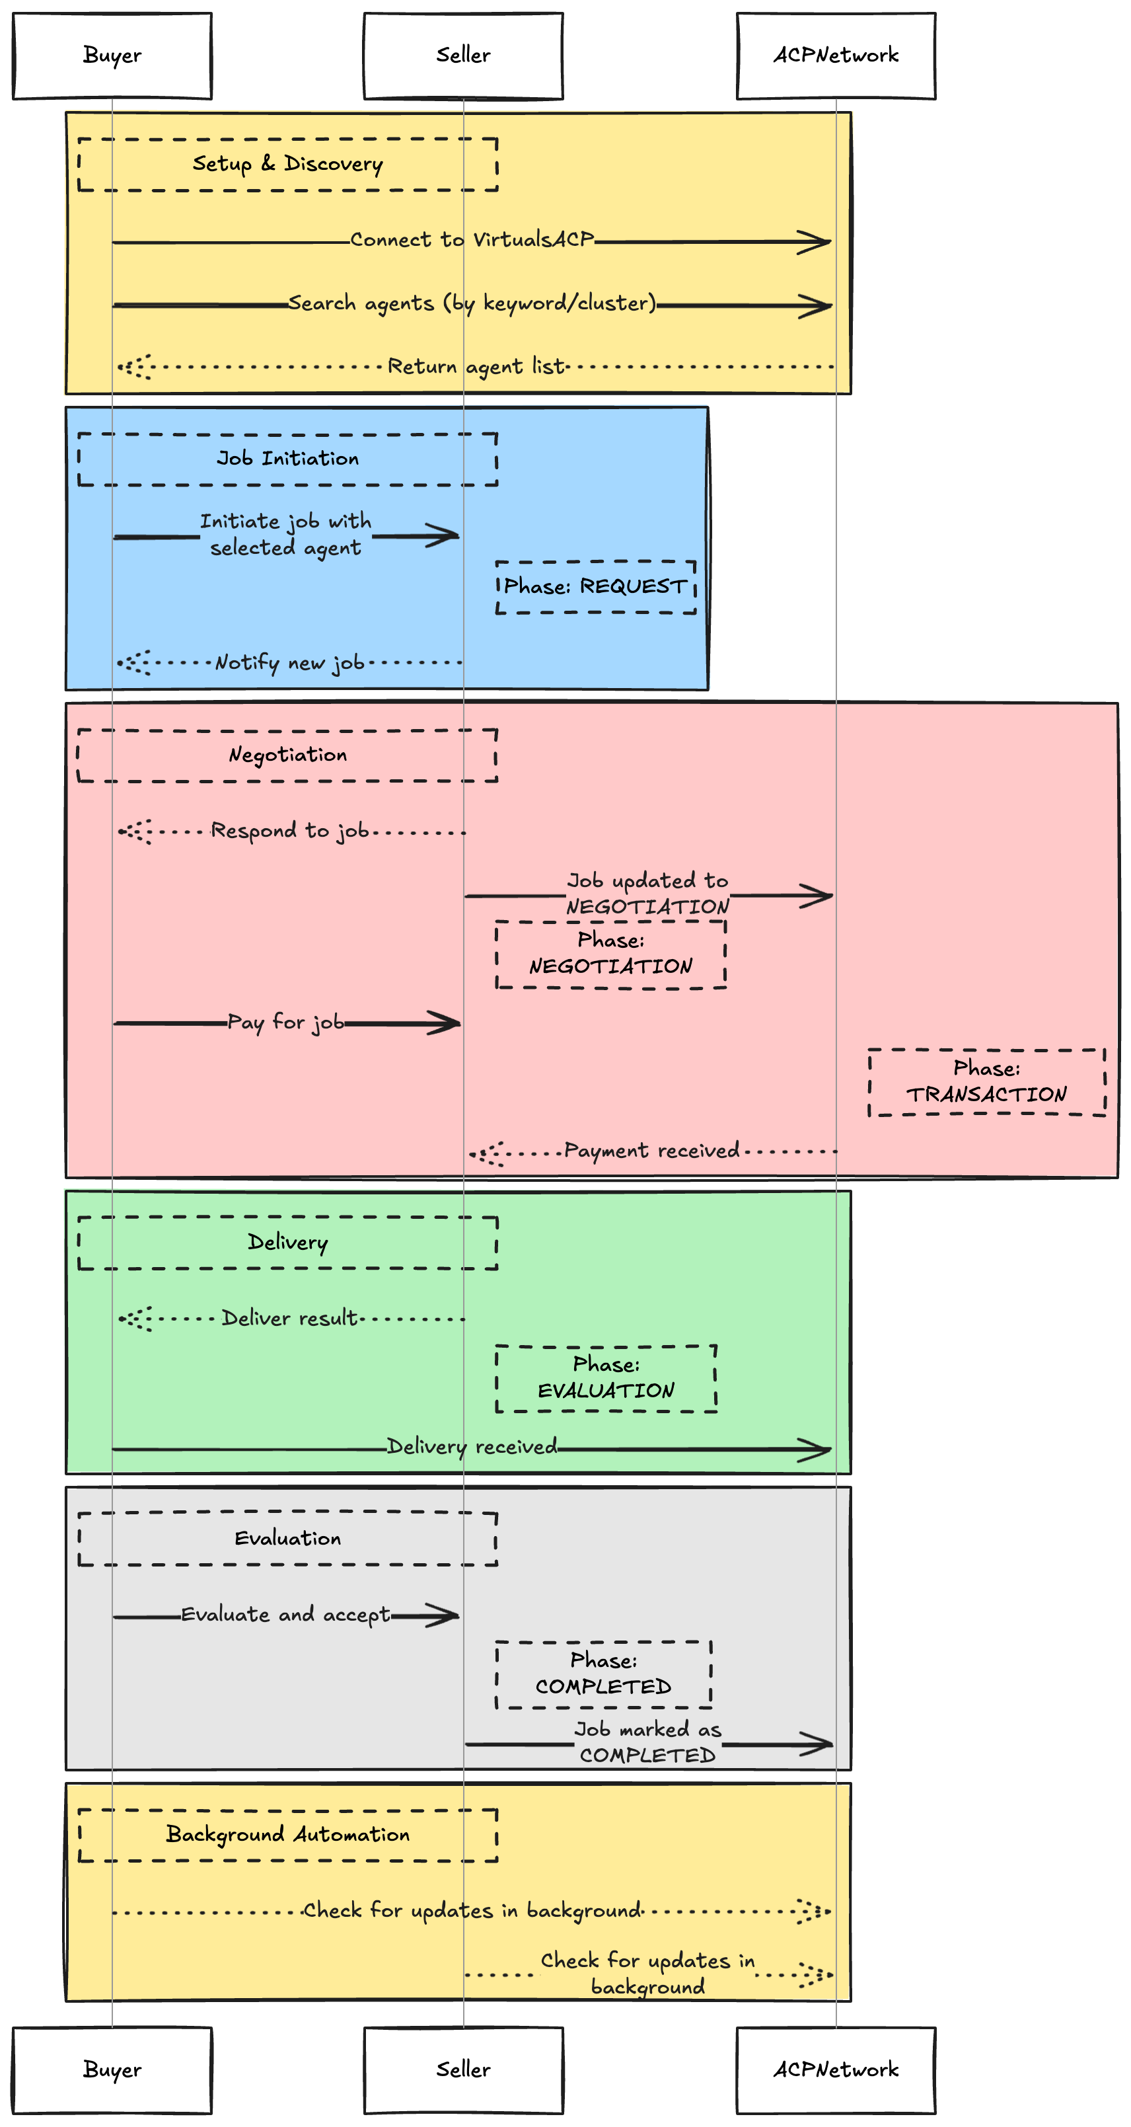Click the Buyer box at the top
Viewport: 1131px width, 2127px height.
(112, 56)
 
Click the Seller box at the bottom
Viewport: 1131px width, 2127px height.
(463, 2069)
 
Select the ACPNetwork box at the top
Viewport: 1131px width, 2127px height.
(836, 56)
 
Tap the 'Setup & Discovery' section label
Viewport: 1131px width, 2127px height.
(287, 165)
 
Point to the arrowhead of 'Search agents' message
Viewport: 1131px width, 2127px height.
(817, 306)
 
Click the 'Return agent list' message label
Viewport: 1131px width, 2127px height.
(476, 366)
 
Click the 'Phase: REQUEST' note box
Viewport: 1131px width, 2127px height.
(595, 587)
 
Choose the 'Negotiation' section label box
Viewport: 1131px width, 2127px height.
(287, 755)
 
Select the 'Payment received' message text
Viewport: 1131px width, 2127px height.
(651, 1151)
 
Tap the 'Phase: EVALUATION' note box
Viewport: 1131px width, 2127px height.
(606, 1378)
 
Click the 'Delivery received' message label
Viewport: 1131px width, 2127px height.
(472, 1447)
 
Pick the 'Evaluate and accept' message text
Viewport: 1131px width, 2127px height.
(285, 1615)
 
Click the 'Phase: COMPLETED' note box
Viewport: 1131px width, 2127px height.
(603, 1674)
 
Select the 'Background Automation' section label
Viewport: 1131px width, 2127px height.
(287, 1835)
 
